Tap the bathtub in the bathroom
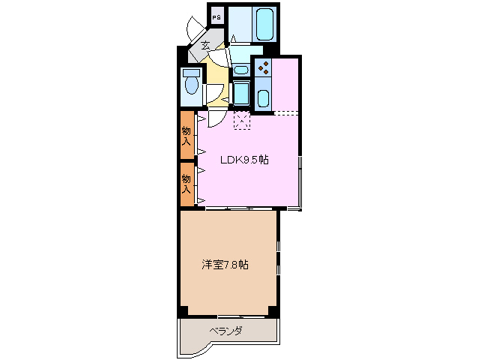[265, 25]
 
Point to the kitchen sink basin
[263, 98]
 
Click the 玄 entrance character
[205, 46]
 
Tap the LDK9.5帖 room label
[244, 160]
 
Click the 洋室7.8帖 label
[225, 265]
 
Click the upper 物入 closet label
[187, 134]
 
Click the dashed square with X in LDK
[242, 121]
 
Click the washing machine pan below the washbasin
[241, 93]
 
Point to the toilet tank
[190, 74]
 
